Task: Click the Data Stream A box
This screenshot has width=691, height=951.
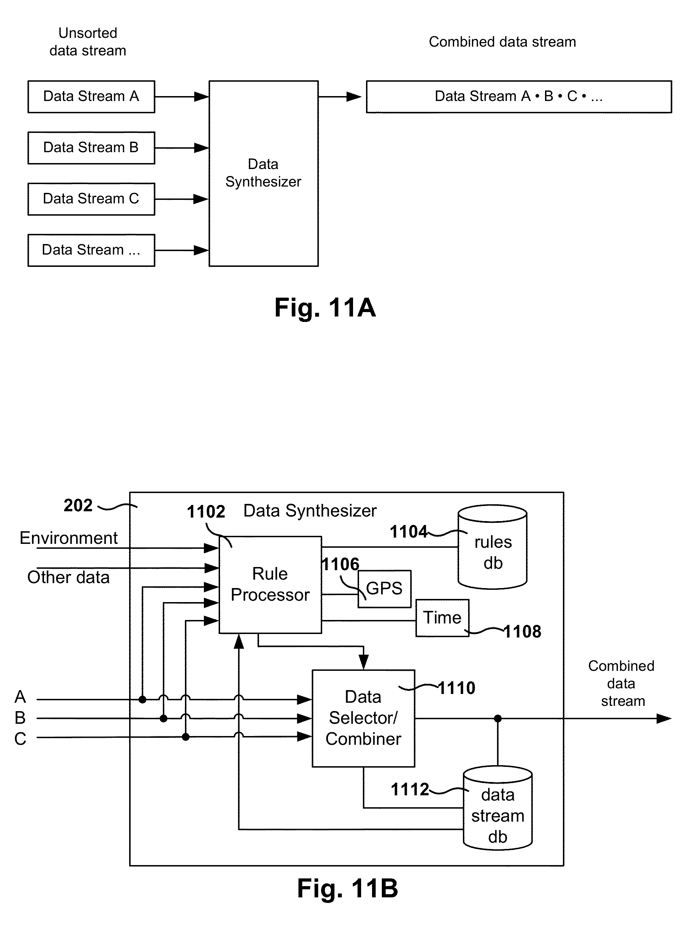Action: point(91,96)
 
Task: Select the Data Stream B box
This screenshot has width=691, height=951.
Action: point(91,148)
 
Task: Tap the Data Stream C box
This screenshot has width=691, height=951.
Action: point(91,199)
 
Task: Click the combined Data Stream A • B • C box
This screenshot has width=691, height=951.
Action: point(519,96)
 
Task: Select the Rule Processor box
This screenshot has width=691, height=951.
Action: point(270,585)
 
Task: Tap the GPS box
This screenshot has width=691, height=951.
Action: point(384,589)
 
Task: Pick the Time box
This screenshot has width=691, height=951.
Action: point(442,618)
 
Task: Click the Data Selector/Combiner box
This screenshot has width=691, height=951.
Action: point(363,718)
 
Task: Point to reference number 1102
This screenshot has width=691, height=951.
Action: point(206,512)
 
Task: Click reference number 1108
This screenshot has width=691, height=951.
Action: point(522,632)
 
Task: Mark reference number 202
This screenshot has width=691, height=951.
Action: point(78,505)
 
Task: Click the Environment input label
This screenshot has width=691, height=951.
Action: point(68,538)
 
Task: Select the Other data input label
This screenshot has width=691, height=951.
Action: point(68,578)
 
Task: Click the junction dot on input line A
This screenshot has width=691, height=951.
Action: point(142,700)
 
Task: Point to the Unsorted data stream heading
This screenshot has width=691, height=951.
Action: point(88,41)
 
